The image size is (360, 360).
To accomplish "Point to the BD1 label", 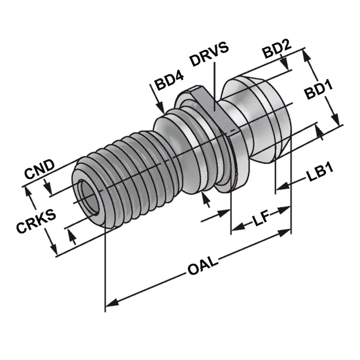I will click(x=318, y=94).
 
